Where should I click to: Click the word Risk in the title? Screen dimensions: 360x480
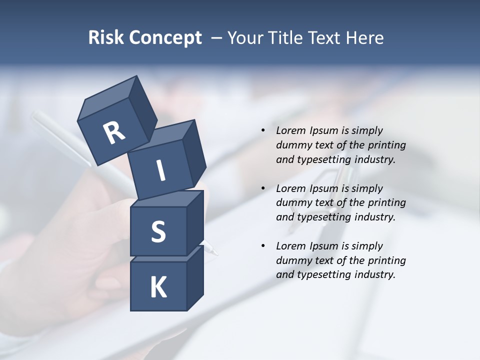(106, 38)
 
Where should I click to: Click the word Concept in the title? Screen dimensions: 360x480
(165, 38)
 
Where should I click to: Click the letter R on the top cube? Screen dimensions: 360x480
(114, 133)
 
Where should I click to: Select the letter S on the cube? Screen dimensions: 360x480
(158, 231)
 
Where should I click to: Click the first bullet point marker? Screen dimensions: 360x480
(263, 130)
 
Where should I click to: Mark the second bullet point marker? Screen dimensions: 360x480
(263, 188)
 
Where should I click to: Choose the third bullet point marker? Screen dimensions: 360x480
(263, 246)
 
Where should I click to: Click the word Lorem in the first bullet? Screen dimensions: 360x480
(289, 130)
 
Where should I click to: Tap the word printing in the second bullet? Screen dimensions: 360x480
(387, 202)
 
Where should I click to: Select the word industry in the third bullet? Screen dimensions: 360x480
(374, 274)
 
